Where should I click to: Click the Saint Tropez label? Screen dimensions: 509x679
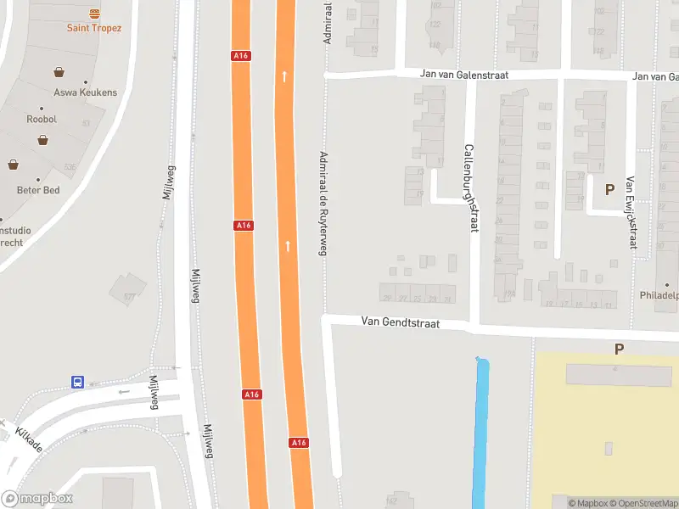(x=94, y=28)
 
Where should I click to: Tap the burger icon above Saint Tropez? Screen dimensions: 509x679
(x=94, y=14)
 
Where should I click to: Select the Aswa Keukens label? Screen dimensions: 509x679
(x=85, y=92)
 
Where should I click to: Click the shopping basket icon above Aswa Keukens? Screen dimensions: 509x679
(x=59, y=72)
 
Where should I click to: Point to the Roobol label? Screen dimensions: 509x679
(x=41, y=120)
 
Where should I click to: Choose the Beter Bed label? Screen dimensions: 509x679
(x=38, y=190)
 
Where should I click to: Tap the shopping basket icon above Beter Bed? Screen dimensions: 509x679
(x=14, y=165)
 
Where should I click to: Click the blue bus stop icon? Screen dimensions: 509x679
(x=77, y=383)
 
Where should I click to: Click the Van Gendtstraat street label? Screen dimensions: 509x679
(x=399, y=322)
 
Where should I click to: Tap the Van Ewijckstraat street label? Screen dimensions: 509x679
(x=631, y=212)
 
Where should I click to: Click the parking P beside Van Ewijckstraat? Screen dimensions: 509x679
(x=609, y=189)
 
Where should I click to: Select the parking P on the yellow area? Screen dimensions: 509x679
(x=619, y=349)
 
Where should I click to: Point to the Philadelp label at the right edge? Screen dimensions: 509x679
(x=659, y=296)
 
